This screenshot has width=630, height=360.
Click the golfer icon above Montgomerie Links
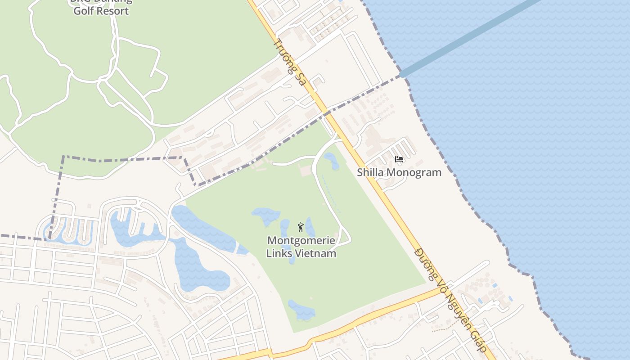point(301,227)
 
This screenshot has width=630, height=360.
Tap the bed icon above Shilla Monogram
point(399,159)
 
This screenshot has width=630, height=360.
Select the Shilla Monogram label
point(399,172)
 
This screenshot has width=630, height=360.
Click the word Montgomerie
point(301,240)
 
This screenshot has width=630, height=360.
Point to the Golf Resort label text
point(101,11)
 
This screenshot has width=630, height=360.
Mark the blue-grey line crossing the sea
point(468,38)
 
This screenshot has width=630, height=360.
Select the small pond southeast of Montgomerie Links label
point(301,310)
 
